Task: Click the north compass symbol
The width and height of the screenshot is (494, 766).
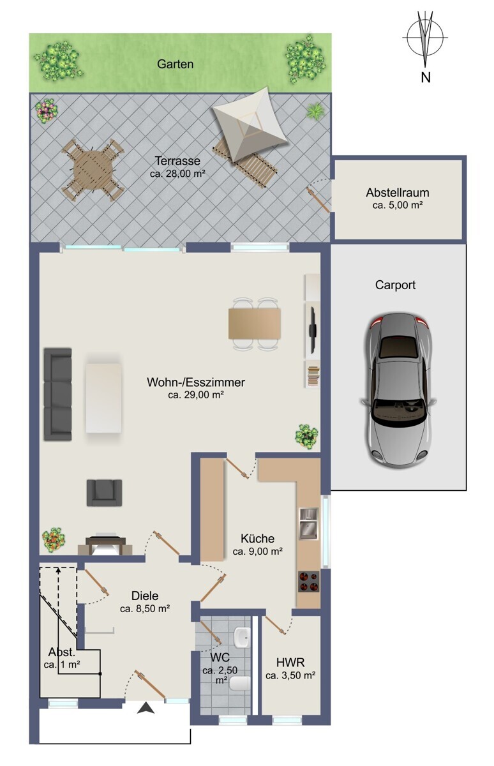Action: (x=425, y=38)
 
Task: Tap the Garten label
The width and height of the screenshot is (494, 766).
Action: (x=176, y=64)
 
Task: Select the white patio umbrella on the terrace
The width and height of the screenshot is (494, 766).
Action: (x=250, y=124)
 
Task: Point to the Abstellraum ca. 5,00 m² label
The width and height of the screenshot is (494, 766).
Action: (x=398, y=199)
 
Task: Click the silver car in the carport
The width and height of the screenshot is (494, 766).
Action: (x=398, y=390)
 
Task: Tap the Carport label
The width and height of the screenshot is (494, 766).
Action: (x=395, y=285)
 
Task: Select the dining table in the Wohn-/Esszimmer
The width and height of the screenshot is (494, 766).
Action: (x=255, y=324)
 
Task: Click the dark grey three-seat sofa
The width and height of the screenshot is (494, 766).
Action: (x=58, y=394)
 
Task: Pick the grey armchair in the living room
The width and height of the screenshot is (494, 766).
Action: (x=104, y=493)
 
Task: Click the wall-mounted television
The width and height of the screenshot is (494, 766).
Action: (x=313, y=331)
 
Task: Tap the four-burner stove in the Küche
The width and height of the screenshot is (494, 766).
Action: (x=309, y=582)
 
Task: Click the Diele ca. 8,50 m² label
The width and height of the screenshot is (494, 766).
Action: (x=145, y=602)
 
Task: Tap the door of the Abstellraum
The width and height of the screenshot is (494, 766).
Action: (x=318, y=200)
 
